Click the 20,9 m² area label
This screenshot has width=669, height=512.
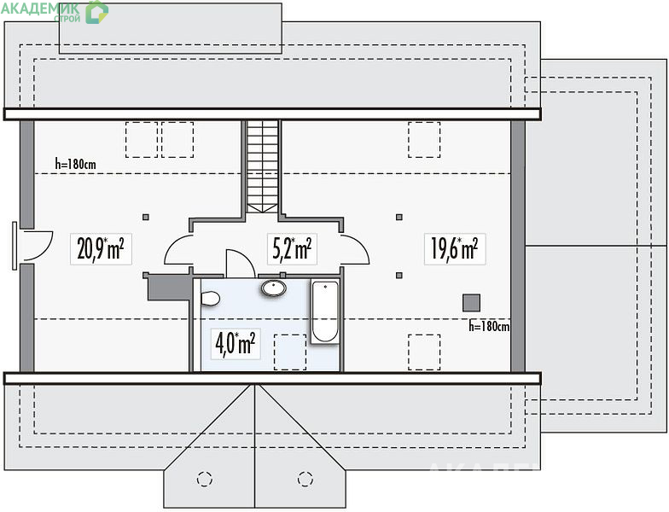click(x=101, y=249)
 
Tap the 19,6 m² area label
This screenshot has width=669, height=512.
click(x=455, y=249)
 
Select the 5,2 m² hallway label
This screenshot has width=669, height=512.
click(x=292, y=249)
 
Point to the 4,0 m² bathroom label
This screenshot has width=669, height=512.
click(x=236, y=343)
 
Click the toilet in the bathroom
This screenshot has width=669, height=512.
click(x=210, y=299)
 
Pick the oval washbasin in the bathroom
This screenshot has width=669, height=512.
click(x=274, y=288)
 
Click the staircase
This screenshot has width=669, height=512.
click(x=263, y=166)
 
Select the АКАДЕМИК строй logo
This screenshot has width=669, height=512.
click(x=55, y=12)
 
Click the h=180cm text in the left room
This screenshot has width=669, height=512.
click(x=75, y=164)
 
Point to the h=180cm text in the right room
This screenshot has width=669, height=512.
click(x=489, y=327)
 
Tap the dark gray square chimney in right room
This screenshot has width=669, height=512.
click(x=471, y=302)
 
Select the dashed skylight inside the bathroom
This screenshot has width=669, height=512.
click(x=290, y=352)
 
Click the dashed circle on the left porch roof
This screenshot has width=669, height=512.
click(x=205, y=479)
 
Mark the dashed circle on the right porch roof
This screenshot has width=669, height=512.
click(x=305, y=479)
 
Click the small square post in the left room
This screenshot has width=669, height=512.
click(x=146, y=217)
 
